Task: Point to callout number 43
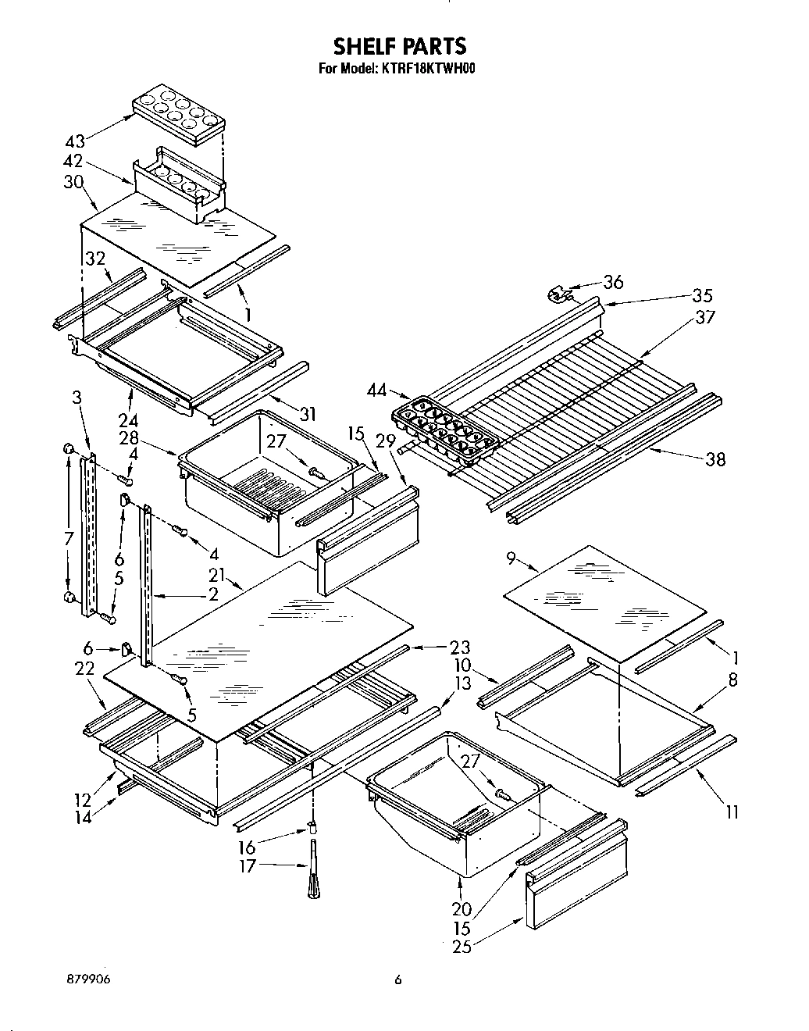click(x=76, y=142)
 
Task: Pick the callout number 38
click(x=715, y=458)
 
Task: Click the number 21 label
click(x=216, y=576)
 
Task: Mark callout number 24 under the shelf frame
click(x=128, y=415)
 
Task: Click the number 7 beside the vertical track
click(x=69, y=538)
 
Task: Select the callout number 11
click(x=732, y=812)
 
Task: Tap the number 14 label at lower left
click(x=83, y=817)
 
